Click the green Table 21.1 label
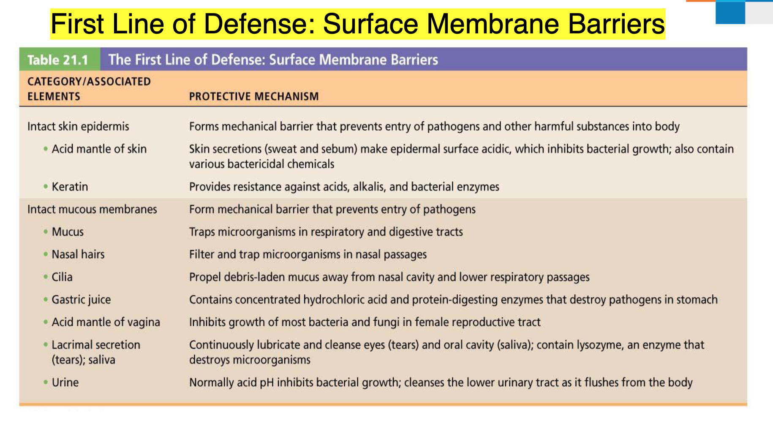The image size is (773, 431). (x=58, y=60)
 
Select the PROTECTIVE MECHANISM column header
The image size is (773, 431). (x=254, y=97)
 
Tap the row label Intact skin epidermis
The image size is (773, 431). (x=78, y=127)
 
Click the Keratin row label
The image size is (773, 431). (x=70, y=187)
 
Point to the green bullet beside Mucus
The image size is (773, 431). (x=45, y=232)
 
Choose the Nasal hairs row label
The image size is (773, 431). (x=78, y=254)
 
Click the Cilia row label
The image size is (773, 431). (x=62, y=277)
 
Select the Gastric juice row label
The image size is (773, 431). (x=81, y=300)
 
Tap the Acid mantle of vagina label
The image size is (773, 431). (x=106, y=322)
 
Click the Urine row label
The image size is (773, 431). (x=65, y=382)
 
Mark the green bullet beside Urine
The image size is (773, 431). (x=45, y=382)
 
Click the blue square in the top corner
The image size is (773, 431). (x=730, y=13)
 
